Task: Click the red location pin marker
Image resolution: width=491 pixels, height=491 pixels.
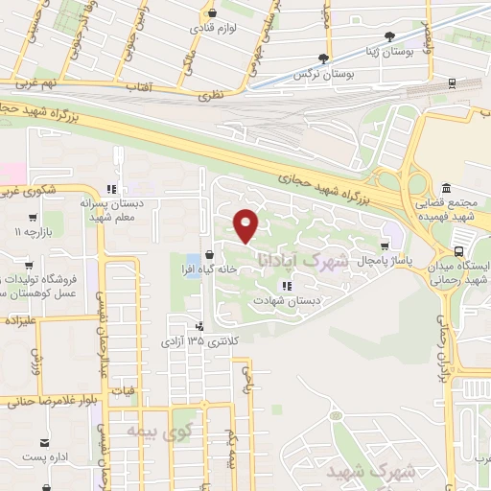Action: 246,225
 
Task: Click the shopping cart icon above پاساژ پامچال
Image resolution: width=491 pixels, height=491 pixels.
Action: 385,245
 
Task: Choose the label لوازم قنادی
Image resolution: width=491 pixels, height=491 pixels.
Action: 212,28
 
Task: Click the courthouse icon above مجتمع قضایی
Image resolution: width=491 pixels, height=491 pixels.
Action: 447,187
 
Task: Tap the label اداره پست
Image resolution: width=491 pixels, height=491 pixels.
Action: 45,458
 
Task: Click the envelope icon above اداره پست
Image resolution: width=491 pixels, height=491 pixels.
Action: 45,442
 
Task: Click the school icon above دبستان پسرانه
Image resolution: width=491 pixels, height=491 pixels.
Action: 112,189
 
